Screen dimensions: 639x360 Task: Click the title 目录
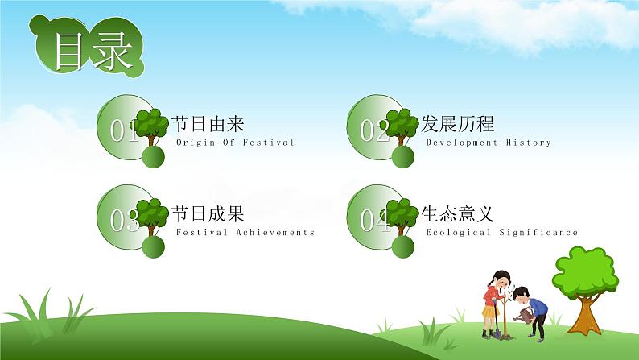click(93, 51)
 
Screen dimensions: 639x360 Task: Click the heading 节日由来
click(208, 123)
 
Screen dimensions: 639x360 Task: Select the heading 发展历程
click(457, 123)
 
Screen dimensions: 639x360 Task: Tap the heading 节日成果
click(208, 213)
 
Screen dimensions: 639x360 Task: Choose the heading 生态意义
click(457, 213)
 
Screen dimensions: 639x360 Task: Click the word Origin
click(196, 143)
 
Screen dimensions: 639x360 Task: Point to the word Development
click(462, 143)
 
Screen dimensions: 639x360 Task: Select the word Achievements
click(275, 233)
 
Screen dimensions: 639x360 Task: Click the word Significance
click(538, 233)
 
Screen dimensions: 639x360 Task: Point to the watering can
click(524, 315)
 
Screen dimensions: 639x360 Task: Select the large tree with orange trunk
click(585, 290)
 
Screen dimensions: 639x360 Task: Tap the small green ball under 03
click(153, 246)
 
